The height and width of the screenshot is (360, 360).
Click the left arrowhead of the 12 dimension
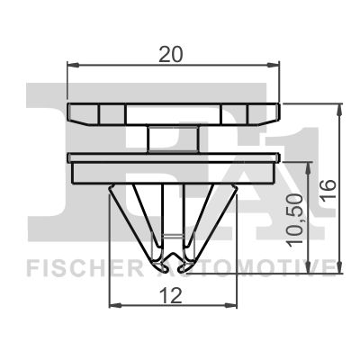click(113, 306)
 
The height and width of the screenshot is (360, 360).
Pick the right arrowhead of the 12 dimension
click(233, 306)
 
